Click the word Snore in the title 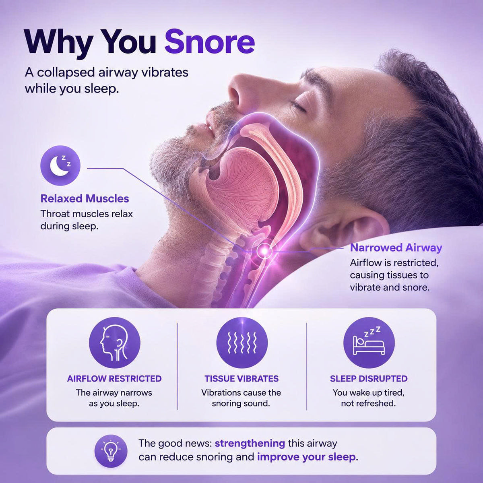pos(210,41)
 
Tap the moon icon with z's pos(60,165)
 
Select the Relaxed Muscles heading pos(85,199)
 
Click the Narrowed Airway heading pos(396,248)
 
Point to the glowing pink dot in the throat pos(264,250)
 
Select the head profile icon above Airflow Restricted pos(115,343)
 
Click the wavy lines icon pos(242,343)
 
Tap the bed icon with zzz pos(369,343)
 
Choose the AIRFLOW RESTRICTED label pos(114,378)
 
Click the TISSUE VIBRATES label pos(242,378)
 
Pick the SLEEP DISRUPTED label pos(369,378)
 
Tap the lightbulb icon pos(111,451)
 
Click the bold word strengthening pos(250,444)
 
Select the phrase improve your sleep pos(306,457)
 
